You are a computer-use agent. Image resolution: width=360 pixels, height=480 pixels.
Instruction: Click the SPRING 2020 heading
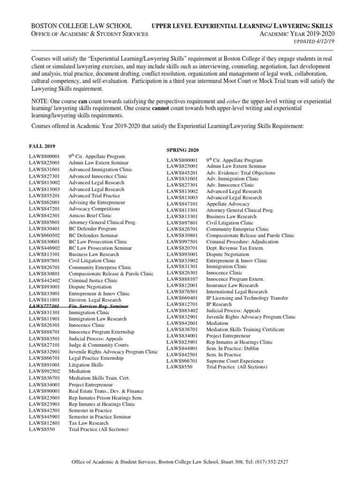[183, 150]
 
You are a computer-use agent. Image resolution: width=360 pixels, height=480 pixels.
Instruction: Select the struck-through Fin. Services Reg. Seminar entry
[92, 306]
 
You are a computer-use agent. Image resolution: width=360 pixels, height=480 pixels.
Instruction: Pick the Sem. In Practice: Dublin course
[230, 348]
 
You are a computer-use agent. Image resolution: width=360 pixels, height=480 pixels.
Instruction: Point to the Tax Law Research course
[89, 422]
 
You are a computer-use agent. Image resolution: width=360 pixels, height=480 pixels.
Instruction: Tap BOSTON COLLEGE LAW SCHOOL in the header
[81, 25]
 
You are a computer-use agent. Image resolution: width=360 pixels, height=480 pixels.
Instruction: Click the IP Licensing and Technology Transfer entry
[248, 298]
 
